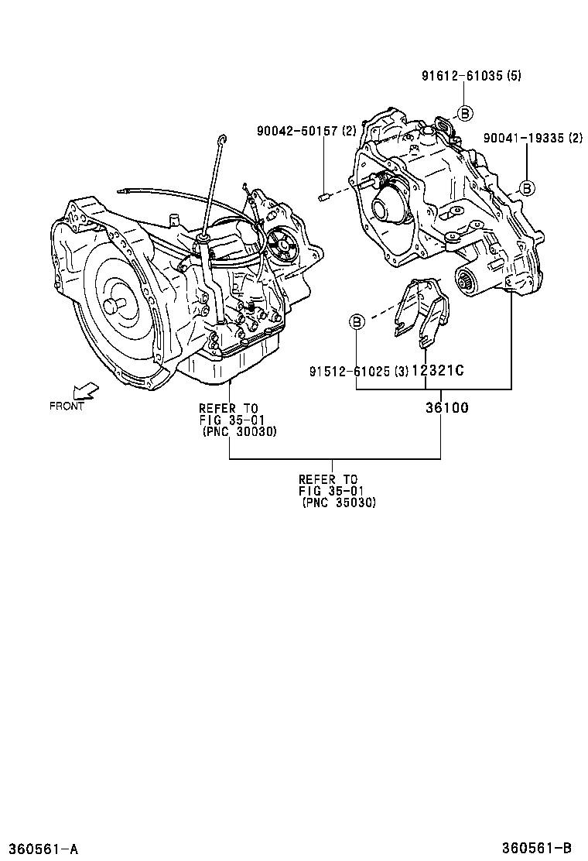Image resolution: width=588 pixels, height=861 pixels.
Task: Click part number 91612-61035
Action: [461, 76]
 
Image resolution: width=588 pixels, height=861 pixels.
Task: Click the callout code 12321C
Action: [438, 371]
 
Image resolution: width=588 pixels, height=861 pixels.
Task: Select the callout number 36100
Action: [446, 408]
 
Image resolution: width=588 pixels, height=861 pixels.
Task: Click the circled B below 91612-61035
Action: [464, 113]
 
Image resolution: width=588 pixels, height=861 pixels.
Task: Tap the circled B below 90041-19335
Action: [526, 187]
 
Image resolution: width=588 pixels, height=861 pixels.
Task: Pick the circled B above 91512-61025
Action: [356, 321]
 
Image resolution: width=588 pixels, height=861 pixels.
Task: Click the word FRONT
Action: [67, 406]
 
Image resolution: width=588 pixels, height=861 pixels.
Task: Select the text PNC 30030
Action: [239, 430]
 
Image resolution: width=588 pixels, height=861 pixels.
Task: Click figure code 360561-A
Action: [42, 849]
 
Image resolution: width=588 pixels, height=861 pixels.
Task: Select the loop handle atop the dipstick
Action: [223, 139]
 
